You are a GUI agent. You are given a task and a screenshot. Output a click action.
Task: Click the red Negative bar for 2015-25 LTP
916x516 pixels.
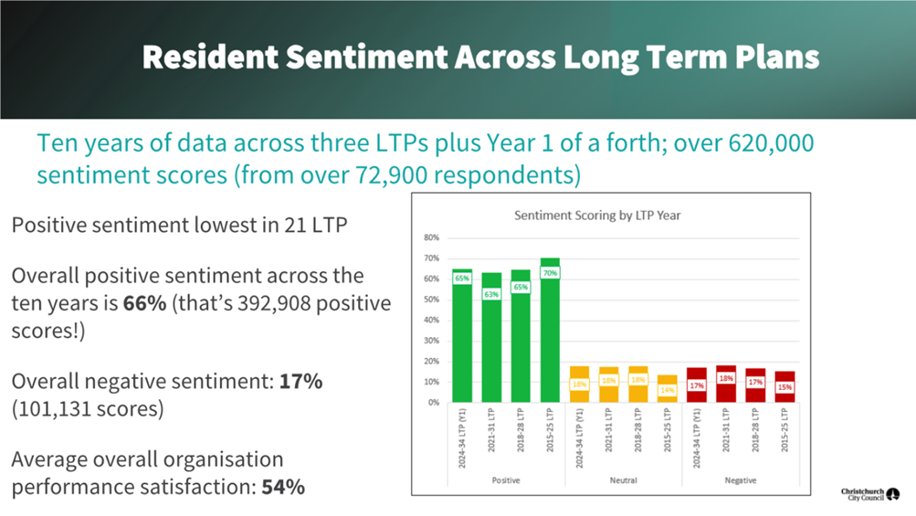click(x=784, y=387)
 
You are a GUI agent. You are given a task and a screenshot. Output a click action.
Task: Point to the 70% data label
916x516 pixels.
click(x=550, y=273)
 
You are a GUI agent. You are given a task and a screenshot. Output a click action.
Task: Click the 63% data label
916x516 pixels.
click(x=491, y=293)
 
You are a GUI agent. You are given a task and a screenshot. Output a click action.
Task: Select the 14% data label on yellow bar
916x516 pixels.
click(x=668, y=390)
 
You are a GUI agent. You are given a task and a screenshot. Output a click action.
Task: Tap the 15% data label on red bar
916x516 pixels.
click(x=784, y=387)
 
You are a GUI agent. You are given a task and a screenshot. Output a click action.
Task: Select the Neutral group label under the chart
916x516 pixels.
click(x=623, y=479)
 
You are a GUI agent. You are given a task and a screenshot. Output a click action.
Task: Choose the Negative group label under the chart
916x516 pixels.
click(x=740, y=479)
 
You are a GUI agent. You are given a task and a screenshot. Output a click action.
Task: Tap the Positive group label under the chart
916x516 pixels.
click(x=505, y=479)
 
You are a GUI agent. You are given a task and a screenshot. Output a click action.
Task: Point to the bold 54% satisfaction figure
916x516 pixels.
click(x=282, y=487)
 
